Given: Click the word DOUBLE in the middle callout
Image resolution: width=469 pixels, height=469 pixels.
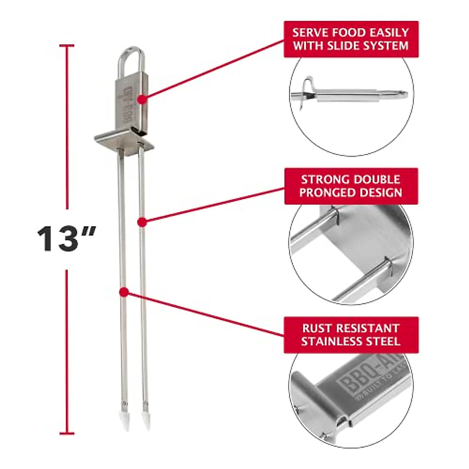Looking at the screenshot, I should [x=376, y=179].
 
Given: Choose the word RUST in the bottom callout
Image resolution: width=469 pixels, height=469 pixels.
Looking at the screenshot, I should [x=316, y=328].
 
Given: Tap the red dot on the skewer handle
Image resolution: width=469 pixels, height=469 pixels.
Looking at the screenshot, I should [x=143, y=99].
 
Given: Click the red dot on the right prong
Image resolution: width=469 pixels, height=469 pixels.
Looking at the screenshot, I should [x=142, y=222].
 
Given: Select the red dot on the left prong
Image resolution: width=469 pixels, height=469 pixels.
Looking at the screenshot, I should [x=124, y=292].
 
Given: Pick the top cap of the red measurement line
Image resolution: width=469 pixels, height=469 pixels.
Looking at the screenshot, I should [x=67, y=46].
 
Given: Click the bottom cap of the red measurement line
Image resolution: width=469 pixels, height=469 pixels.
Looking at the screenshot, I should [x=67, y=433].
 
